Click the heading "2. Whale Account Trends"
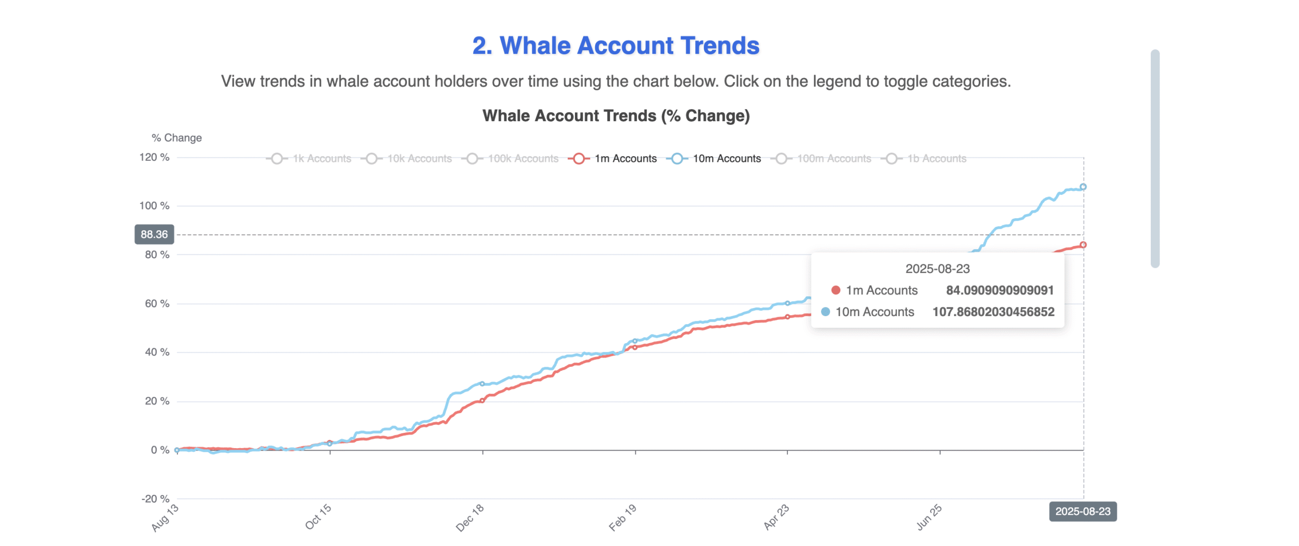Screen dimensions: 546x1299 [615, 46]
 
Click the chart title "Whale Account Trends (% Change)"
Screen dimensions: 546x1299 [616, 116]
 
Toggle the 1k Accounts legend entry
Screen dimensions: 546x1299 [310, 159]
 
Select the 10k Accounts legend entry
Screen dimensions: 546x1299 [407, 159]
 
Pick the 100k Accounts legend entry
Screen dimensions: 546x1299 [510, 159]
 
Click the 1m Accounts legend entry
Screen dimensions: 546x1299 [613, 159]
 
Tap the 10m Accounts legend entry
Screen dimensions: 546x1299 [714, 159]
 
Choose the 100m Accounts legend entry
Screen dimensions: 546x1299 [822, 159]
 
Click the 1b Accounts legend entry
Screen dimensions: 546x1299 [925, 159]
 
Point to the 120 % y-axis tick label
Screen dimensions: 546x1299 [154, 157]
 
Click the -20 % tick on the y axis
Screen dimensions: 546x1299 [155, 499]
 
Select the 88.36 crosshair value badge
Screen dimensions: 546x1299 [154, 234]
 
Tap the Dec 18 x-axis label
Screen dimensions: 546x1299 [470, 517]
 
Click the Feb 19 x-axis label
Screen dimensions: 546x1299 [622, 517]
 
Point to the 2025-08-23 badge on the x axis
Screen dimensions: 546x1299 [1082, 511]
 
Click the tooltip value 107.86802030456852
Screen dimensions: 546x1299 [993, 312]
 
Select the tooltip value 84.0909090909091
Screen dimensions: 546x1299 [999, 290]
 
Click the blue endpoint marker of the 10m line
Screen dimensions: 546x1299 [1083, 187]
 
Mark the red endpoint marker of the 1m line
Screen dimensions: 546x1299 [1083, 245]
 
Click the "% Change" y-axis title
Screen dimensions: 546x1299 [177, 138]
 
